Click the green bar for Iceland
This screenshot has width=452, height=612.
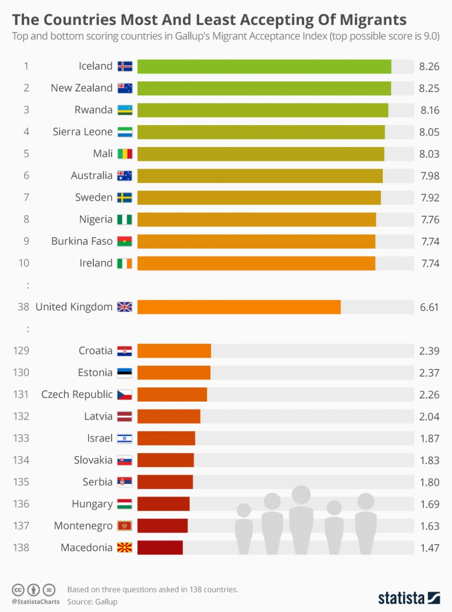pyautogui.click(x=264, y=66)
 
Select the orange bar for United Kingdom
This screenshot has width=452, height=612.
pyautogui.click(x=239, y=307)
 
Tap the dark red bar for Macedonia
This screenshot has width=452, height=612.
pyautogui.click(x=160, y=547)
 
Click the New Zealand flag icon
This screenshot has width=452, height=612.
pyautogui.click(x=125, y=88)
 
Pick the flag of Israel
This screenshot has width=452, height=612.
pyautogui.click(x=125, y=438)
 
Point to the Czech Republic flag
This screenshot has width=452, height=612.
pyautogui.click(x=125, y=394)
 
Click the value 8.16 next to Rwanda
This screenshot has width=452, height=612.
pyautogui.click(x=430, y=110)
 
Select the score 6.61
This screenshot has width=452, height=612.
pyautogui.click(x=429, y=307)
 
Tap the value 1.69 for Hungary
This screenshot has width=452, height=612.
pyautogui.click(x=429, y=504)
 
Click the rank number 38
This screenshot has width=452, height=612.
pyautogui.click(x=23, y=307)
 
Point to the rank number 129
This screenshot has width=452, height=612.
pyautogui.click(x=22, y=350)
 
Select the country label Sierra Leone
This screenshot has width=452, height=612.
pyautogui.click(x=82, y=132)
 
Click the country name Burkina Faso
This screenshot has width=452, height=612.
pyautogui.click(x=82, y=241)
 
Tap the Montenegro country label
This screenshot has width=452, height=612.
pyautogui.click(x=83, y=526)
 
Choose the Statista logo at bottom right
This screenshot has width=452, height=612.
pyautogui.click(x=409, y=598)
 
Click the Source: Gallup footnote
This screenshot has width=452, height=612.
pyautogui.click(x=92, y=601)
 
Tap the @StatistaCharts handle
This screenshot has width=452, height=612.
pyautogui.click(x=36, y=601)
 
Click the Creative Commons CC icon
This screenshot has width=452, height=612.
pyautogui.click(x=18, y=589)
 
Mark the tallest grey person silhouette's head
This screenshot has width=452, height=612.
pyautogui.click(x=301, y=495)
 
